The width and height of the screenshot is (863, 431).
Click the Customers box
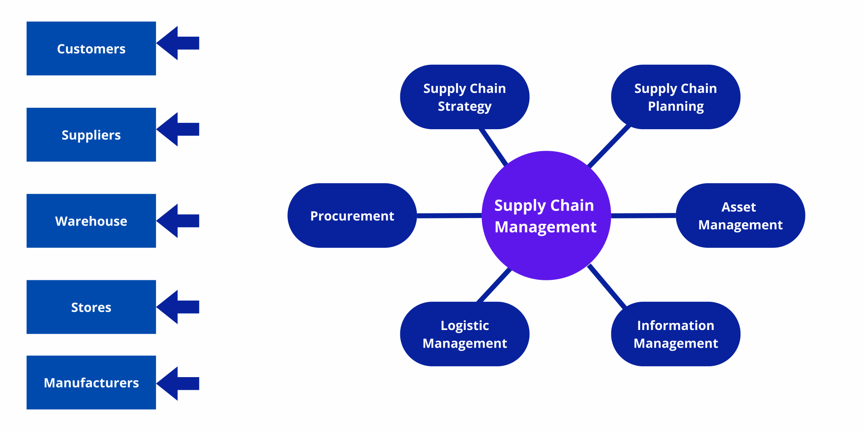(x=91, y=48)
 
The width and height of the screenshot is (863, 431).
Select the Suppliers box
(x=91, y=135)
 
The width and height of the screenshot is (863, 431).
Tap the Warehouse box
(x=91, y=221)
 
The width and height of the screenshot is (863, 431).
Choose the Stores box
(x=91, y=307)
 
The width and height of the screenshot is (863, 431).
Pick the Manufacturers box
(x=91, y=382)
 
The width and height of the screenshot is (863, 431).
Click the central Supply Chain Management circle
(x=546, y=215)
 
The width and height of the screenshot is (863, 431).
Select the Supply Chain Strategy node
(x=464, y=97)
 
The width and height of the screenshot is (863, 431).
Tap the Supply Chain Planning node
(x=675, y=97)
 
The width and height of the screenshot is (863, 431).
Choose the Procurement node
(x=352, y=215)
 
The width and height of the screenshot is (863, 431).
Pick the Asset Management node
(x=740, y=215)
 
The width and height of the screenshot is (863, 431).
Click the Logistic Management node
(x=464, y=334)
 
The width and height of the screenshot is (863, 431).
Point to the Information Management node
(x=675, y=334)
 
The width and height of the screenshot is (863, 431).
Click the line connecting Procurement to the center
(x=449, y=215)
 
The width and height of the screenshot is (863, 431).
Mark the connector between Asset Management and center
(x=643, y=215)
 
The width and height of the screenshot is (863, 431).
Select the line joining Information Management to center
(x=607, y=286)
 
